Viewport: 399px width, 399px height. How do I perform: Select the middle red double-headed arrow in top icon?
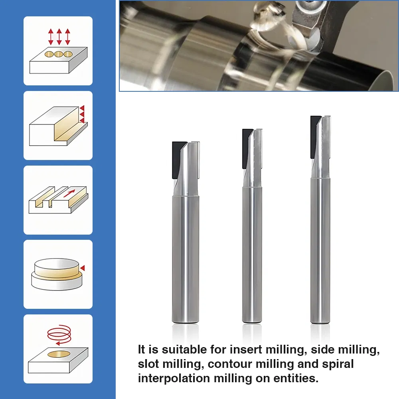point(59,36)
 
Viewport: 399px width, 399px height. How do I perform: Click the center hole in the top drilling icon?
point(59,54)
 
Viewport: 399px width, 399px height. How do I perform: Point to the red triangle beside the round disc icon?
point(83,268)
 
